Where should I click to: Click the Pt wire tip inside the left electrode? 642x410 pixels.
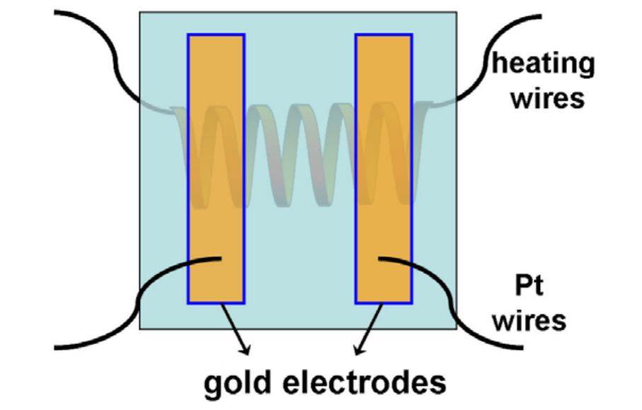click(x=219, y=258)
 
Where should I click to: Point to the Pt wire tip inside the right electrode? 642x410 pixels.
click(x=381, y=259)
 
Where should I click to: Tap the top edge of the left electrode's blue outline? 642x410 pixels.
click(x=216, y=34)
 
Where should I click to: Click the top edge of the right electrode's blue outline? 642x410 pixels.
click(x=384, y=34)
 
